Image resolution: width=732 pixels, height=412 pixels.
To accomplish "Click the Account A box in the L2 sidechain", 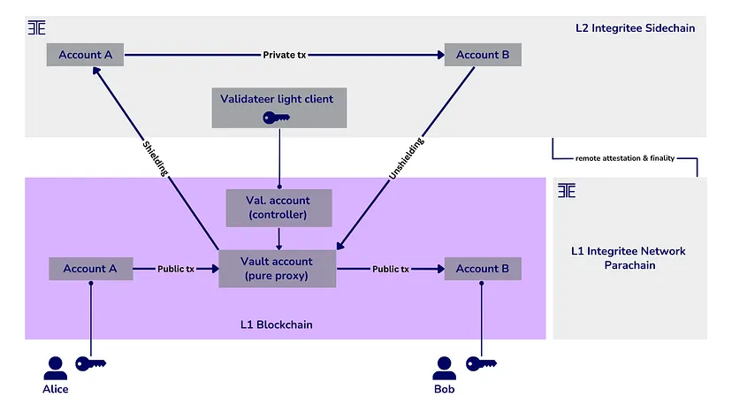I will (86, 55).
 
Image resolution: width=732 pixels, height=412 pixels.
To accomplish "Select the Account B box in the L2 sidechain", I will (483, 55).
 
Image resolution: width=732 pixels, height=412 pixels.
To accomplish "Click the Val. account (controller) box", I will (279, 208).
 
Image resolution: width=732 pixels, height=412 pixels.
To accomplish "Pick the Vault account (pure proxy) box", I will (278, 269).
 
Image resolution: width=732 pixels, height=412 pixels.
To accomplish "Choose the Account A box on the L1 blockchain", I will (89, 269).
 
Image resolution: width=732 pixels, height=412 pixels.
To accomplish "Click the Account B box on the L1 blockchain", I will (483, 269).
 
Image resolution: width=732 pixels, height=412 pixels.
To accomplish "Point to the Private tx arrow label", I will (286, 55).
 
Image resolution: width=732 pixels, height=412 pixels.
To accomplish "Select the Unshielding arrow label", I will (406, 158).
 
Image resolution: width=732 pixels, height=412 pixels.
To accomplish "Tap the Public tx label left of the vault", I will (176, 269).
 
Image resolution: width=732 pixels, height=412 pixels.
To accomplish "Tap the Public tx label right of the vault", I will (391, 269).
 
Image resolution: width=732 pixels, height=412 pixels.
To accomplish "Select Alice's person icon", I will (56, 367).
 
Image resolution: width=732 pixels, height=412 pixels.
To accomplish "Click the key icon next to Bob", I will (481, 363).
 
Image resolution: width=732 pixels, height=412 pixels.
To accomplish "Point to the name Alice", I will (55, 389).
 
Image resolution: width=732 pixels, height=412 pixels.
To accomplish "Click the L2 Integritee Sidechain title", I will (635, 28).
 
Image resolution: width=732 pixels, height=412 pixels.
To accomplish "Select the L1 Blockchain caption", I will (278, 325).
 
